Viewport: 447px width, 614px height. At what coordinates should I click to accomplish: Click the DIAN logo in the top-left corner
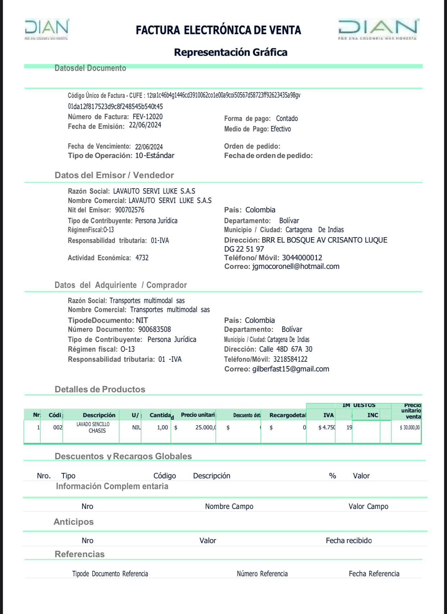point(47,29)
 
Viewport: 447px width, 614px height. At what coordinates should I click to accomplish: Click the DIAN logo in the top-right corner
point(378,29)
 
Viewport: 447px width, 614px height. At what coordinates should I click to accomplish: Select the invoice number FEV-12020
point(148,117)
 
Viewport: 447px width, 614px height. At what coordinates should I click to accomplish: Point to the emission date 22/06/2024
point(145,125)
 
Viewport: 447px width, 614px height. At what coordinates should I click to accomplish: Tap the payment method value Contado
point(287,118)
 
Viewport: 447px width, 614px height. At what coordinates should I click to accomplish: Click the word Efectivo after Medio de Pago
point(281,129)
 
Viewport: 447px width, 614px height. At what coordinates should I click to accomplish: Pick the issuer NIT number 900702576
point(130,210)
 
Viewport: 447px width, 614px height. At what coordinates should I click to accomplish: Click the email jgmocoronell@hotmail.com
point(296,266)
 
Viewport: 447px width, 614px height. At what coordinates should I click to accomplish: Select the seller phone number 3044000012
point(302,258)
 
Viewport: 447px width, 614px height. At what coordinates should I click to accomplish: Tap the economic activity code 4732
point(142,258)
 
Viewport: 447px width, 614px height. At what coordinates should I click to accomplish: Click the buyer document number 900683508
point(155,329)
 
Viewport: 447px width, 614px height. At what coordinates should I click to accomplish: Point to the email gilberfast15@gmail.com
point(291,369)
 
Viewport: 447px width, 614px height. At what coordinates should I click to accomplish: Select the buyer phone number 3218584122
point(290,359)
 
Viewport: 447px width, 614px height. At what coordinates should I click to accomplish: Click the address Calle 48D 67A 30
point(286,349)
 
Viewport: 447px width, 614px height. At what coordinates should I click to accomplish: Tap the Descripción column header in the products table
point(99,415)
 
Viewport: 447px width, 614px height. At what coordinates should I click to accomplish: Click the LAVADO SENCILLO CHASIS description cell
point(93,428)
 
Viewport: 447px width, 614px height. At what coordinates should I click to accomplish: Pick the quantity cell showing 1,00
point(162,428)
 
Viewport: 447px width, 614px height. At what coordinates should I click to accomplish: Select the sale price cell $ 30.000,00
point(410,428)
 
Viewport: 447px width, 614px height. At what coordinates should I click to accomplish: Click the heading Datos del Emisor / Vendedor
point(114,175)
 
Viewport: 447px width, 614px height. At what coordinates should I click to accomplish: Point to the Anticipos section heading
point(73,522)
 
